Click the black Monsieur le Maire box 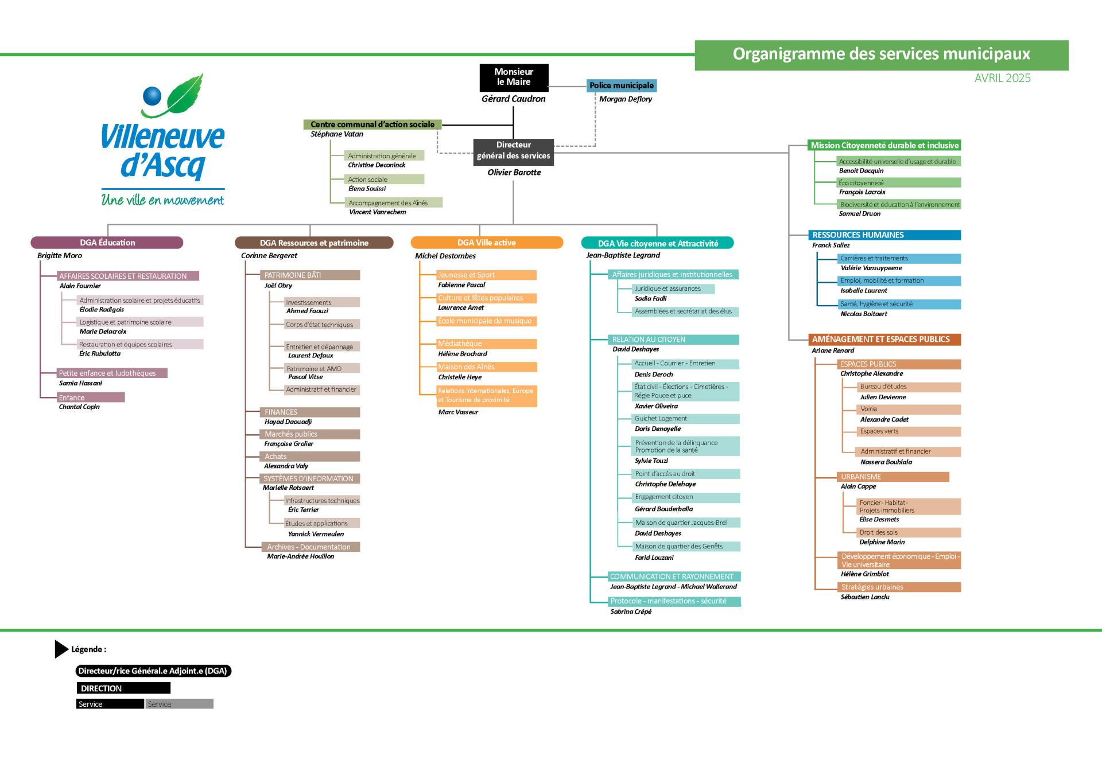(x=514, y=77)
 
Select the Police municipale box (x=622, y=85)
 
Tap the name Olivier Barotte (x=514, y=172)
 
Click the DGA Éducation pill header (x=107, y=243)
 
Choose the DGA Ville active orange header (x=487, y=243)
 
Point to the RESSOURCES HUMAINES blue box (x=884, y=235)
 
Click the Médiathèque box (x=486, y=344)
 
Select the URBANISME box (x=893, y=477)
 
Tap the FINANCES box (x=310, y=412)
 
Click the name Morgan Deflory (x=626, y=99)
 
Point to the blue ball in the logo (x=152, y=95)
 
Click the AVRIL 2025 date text (x=1003, y=78)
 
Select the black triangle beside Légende (x=61, y=649)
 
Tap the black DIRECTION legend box (x=123, y=688)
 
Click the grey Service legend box (x=180, y=704)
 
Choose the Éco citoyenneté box (x=899, y=183)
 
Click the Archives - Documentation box (x=311, y=547)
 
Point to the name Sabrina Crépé (x=631, y=611)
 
